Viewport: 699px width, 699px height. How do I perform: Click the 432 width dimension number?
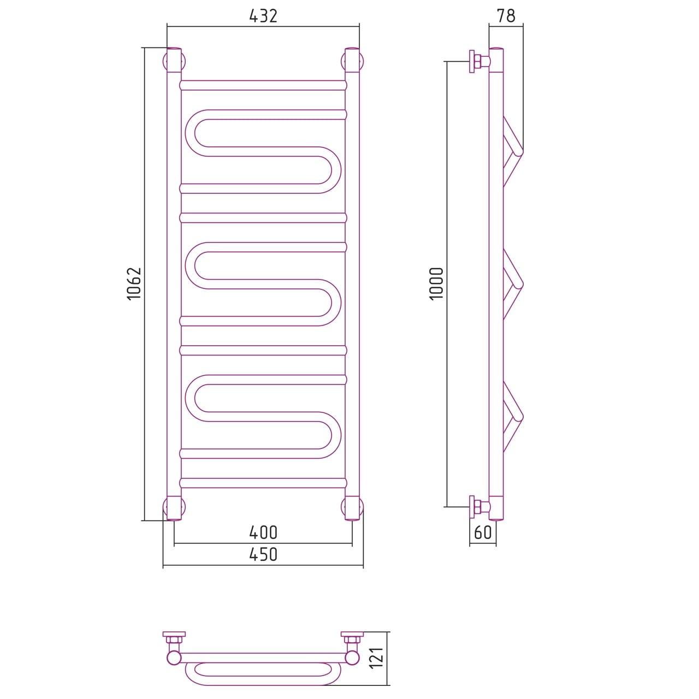(263, 16)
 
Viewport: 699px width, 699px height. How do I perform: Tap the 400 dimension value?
(263, 533)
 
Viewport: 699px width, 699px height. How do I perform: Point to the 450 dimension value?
(263, 555)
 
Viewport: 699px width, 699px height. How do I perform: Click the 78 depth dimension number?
(506, 16)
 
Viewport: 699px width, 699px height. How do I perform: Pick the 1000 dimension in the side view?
(436, 283)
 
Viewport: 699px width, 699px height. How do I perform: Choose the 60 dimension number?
(483, 532)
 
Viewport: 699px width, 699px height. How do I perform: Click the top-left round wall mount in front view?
(174, 61)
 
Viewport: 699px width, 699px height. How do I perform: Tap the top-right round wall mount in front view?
(352, 61)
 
